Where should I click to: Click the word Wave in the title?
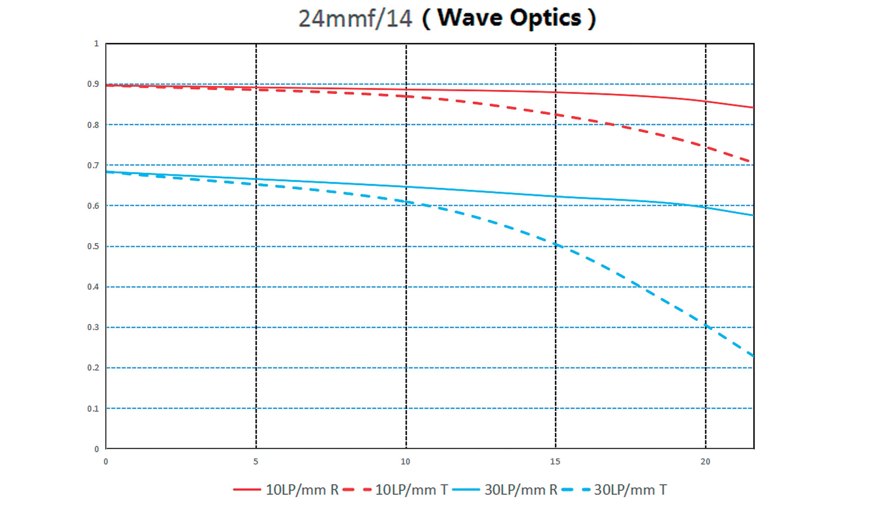pyautogui.click(x=470, y=18)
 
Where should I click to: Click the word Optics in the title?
pyautogui.click(x=546, y=19)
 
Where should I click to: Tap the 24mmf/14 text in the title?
pyautogui.click(x=355, y=19)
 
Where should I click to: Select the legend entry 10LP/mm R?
pyautogui.click(x=286, y=490)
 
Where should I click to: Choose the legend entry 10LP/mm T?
pyautogui.click(x=395, y=490)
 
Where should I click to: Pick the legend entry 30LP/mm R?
pyautogui.click(x=505, y=490)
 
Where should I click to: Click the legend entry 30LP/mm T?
pyautogui.click(x=614, y=490)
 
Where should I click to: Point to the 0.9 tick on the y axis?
pyautogui.click(x=93, y=84)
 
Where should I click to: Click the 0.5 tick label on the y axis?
pyautogui.click(x=93, y=246)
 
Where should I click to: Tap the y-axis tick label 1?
pyautogui.click(x=96, y=44)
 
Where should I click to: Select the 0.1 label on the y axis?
pyautogui.click(x=93, y=409)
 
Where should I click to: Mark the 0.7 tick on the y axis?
pyautogui.click(x=93, y=166)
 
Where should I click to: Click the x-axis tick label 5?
pyautogui.click(x=256, y=462)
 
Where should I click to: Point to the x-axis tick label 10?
pyautogui.click(x=406, y=462)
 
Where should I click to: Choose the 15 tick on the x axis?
pyautogui.click(x=555, y=462)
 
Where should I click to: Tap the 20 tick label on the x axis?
pyautogui.click(x=706, y=462)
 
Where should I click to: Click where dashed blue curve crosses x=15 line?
pyautogui.click(x=556, y=245)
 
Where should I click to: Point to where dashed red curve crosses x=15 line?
pyautogui.click(x=556, y=114)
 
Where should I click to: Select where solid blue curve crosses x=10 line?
pyautogui.click(x=406, y=187)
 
